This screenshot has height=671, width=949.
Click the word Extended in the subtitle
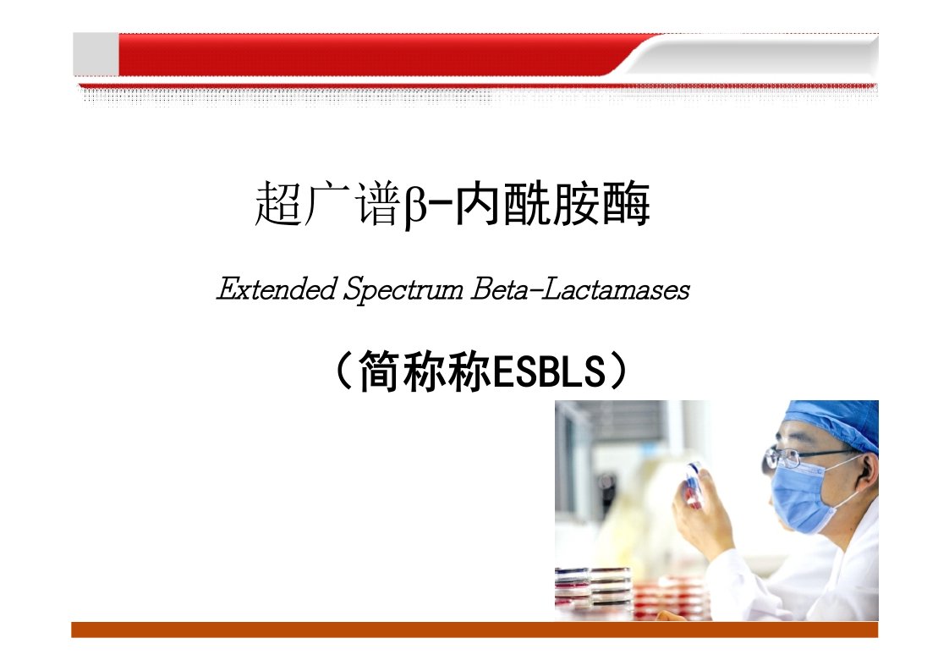(x=277, y=289)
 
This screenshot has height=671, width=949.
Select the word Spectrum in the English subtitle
(x=403, y=290)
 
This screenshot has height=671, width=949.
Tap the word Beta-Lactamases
(x=580, y=289)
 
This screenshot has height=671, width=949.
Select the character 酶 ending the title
(x=627, y=204)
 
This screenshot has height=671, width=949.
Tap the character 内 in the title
(x=478, y=204)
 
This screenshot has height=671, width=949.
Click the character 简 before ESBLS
(x=381, y=371)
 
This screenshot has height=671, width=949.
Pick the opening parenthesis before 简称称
(x=343, y=371)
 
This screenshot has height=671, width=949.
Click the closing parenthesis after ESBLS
(x=620, y=371)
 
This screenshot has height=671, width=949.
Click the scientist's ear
(x=869, y=469)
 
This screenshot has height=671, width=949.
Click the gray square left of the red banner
(x=96, y=54)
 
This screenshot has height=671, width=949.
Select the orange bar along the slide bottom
(x=474, y=630)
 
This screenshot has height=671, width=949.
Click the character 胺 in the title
(x=577, y=204)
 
